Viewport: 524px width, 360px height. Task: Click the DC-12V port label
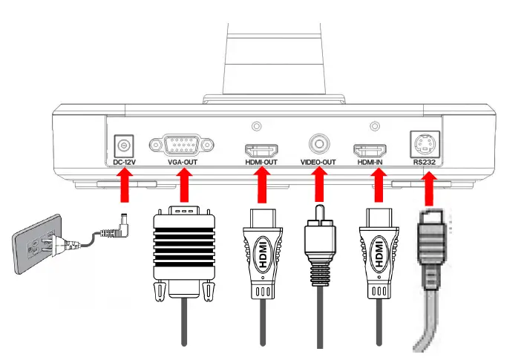(123, 161)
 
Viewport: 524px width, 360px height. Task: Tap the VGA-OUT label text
(182, 161)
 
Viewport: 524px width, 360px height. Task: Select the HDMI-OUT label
(261, 161)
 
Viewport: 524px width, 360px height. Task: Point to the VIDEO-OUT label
(319, 161)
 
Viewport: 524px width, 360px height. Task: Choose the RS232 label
(426, 161)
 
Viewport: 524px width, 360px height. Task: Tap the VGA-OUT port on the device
(182, 143)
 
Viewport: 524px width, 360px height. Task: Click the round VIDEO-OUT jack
(320, 142)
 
